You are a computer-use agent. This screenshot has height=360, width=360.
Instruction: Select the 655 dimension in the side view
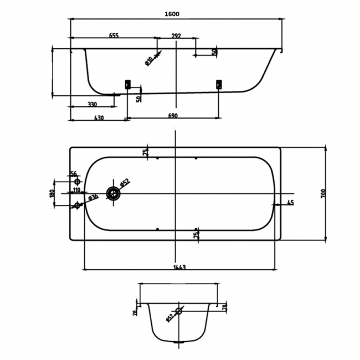[113, 35]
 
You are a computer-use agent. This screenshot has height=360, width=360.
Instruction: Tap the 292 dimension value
[176, 35]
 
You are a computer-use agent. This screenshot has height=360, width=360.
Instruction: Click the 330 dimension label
[92, 104]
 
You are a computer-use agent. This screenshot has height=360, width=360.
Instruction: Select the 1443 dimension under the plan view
[178, 267]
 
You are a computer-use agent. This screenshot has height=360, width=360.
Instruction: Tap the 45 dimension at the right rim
[290, 203]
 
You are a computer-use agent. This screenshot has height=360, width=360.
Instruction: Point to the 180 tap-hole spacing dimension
[52, 193]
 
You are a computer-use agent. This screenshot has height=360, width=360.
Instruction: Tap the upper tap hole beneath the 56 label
[78, 182]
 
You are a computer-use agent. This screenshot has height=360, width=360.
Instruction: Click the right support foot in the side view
[218, 84]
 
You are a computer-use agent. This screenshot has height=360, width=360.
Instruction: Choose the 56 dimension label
[74, 174]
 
